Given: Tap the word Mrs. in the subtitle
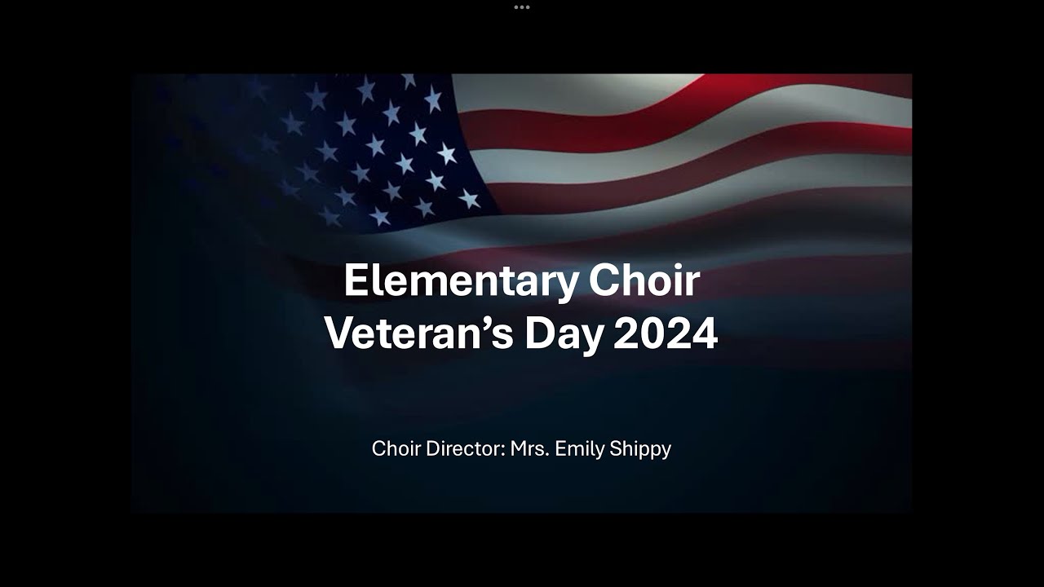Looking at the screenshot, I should click(x=529, y=448).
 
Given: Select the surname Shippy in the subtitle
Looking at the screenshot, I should click(x=639, y=448).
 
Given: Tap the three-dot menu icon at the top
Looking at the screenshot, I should click(x=522, y=7).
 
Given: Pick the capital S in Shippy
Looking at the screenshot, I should click(x=613, y=448).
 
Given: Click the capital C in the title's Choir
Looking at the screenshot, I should click(x=604, y=281).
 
